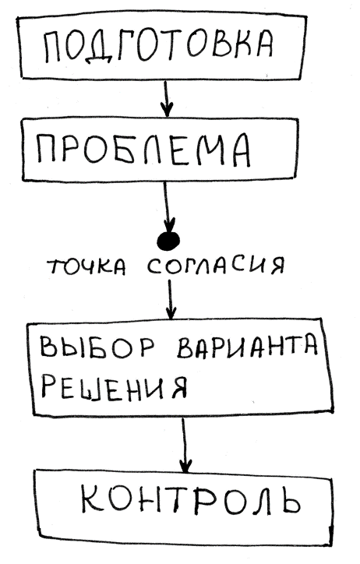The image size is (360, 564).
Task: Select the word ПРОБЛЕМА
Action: pyautogui.click(x=143, y=150)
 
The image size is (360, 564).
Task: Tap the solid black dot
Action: pyautogui.click(x=168, y=240)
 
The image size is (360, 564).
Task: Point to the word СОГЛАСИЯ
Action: pyautogui.click(x=216, y=266)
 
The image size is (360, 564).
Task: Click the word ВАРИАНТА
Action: pyautogui.click(x=248, y=347)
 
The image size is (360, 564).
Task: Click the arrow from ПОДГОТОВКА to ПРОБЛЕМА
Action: pyautogui.click(x=166, y=98)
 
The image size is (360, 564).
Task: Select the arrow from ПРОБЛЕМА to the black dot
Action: pyautogui.click(x=167, y=206)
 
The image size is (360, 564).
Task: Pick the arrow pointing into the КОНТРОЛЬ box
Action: pyautogui.click(x=185, y=445)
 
